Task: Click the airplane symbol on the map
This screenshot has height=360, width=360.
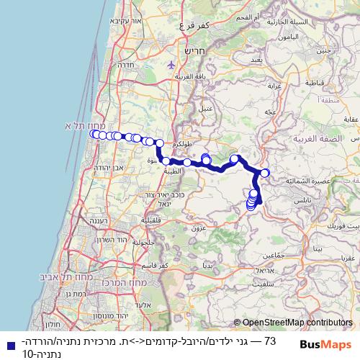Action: [171, 64]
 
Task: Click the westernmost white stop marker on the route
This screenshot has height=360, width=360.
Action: [94, 134]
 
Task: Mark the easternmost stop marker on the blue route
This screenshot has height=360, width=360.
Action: [265, 173]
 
